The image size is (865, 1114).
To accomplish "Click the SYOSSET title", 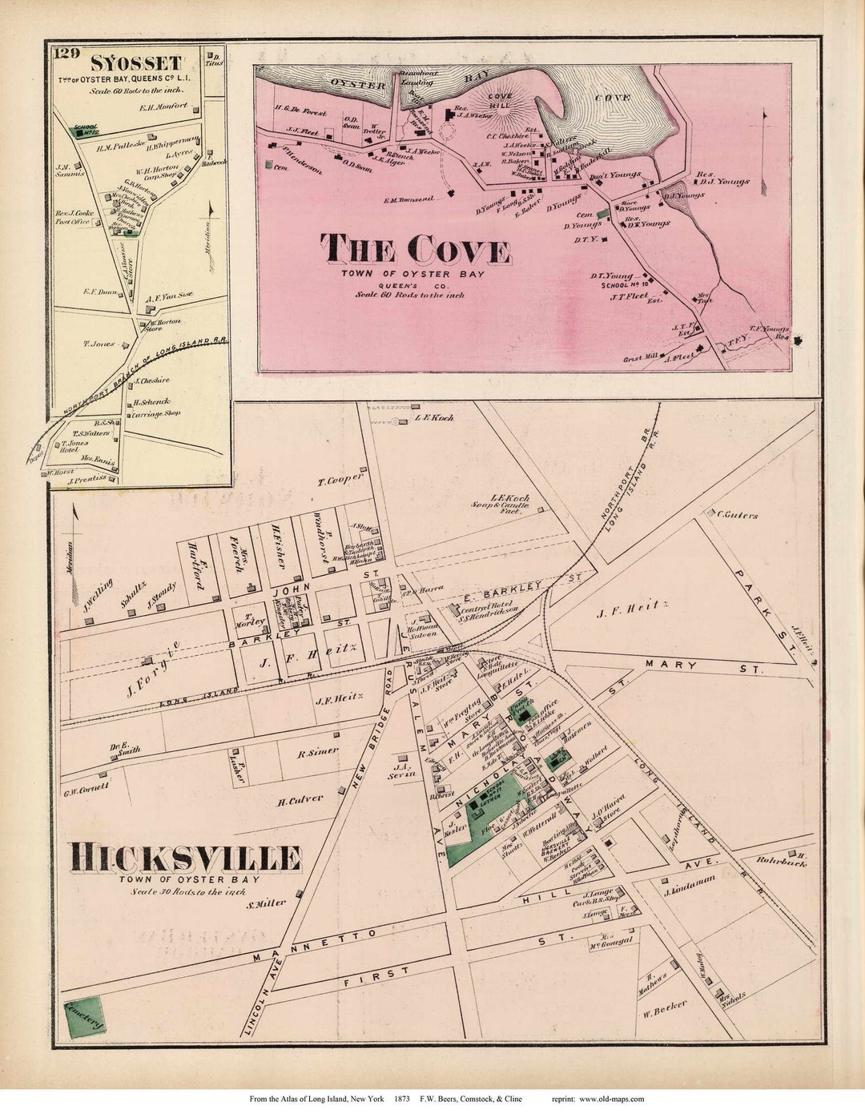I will click(x=135, y=62).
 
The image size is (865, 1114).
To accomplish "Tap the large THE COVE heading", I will click(x=415, y=250).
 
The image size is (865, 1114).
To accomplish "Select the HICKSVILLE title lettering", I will click(x=185, y=858).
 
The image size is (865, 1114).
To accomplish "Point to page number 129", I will click(x=66, y=54).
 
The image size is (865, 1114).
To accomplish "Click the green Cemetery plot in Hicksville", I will click(x=83, y=1017).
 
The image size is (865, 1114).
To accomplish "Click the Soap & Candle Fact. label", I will click(x=501, y=505).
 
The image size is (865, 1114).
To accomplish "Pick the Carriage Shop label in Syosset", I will click(x=156, y=414).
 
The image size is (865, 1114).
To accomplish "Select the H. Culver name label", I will click(x=300, y=799).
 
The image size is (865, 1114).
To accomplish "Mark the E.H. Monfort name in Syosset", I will click(x=163, y=107).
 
